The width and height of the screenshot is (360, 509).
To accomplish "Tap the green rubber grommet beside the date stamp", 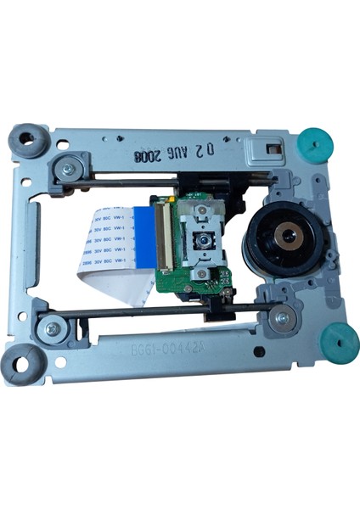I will coord(314,139).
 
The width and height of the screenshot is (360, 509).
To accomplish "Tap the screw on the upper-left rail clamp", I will coord(67,167).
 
